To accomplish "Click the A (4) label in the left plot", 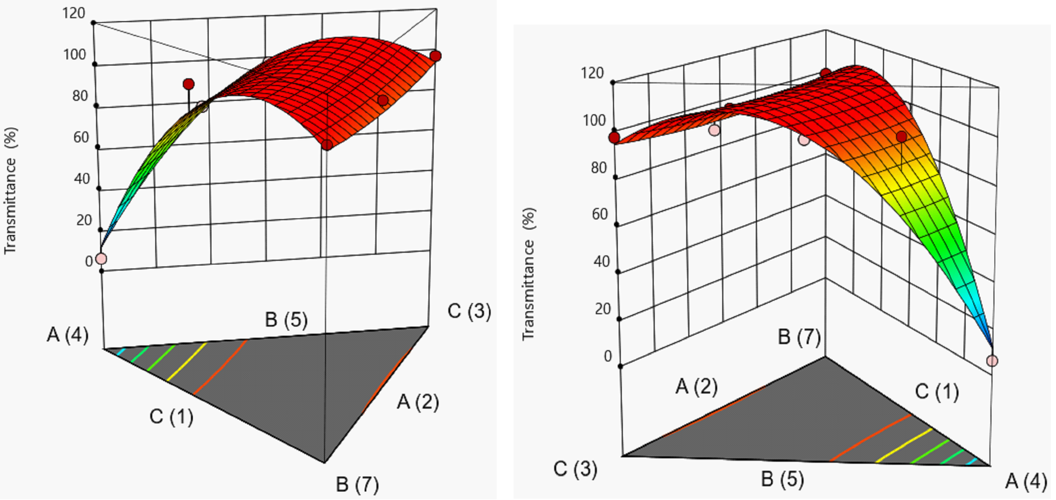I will [x=68, y=335].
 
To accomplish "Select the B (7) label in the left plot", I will [x=357, y=485].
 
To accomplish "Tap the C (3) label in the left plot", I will [x=469, y=311].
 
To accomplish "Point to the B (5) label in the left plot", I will [x=286, y=320].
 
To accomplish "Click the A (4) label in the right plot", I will [x=1026, y=481].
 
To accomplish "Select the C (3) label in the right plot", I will [x=575, y=469].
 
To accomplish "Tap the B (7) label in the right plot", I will [x=799, y=337].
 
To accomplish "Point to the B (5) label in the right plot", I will [x=782, y=479].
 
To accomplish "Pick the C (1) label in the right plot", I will [x=937, y=392].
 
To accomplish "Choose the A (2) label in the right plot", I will [x=696, y=386].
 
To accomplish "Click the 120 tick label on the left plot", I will [x=74, y=13].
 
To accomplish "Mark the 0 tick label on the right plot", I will [x=608, y=357].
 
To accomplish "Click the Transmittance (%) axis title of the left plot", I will [x=10, y=191].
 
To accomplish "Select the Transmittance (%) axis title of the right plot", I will [x=529, y=274].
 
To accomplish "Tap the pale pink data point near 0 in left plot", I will [x=101, y=259].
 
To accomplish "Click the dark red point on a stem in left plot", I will [x=189, y=84].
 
